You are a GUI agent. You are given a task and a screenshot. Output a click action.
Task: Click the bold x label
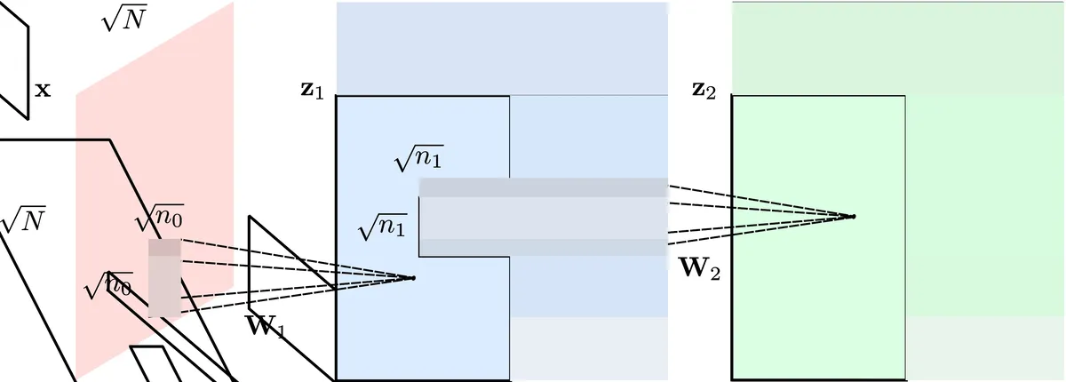pos(42,90)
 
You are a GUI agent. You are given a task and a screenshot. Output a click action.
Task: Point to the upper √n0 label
pos(159,218)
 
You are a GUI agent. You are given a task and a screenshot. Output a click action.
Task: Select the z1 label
pos(312,91)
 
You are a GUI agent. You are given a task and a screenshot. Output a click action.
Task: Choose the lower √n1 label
pos(382,228)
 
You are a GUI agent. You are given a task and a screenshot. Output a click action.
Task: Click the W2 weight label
pos(698,267)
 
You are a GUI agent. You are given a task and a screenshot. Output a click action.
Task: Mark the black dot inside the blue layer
pos(412,278)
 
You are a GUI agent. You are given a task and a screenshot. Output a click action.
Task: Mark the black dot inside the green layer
pos(853,216)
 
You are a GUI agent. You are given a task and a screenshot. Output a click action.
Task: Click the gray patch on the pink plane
pos(164,277)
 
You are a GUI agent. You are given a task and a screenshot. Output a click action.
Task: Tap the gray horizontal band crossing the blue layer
pos(543,218)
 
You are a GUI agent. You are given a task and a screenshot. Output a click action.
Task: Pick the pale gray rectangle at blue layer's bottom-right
pos(589,348)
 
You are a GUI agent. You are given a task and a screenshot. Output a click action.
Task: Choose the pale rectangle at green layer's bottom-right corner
pos(985,348)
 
